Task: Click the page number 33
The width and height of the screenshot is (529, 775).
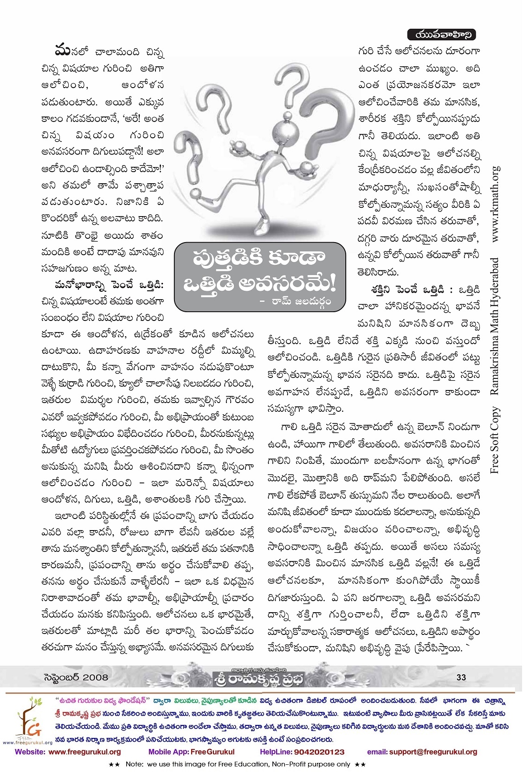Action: [x=461, y=677]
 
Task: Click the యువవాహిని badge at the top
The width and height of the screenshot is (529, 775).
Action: [x=441, y=34]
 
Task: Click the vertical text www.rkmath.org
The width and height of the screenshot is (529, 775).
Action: [x=496, y=204]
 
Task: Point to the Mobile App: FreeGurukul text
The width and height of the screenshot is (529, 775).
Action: [x=191, y=752]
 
